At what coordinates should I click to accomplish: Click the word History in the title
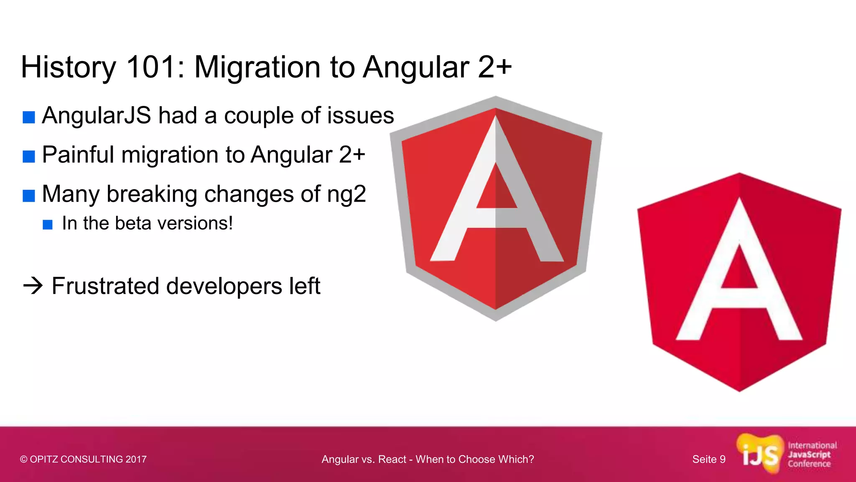coord(68,68)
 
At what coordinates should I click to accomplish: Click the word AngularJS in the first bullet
coord(97,116)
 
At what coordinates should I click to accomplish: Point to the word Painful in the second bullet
coord(78,155)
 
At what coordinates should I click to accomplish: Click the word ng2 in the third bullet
coord(346,195)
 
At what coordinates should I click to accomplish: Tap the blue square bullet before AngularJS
coord(28,117)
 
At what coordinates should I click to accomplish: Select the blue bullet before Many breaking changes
coord(28,195)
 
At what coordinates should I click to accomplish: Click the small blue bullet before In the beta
coord(48,225)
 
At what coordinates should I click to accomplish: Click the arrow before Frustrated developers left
coord(33,286)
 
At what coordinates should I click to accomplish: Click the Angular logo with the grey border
coord(496,208)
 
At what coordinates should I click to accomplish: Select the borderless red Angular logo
coord(739,282)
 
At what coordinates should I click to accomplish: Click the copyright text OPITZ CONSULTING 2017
coord(83,459)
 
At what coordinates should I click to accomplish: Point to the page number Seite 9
coord(708,459)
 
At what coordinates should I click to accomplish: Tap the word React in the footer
coord(392,459)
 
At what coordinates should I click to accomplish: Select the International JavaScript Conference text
coord(812,454)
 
